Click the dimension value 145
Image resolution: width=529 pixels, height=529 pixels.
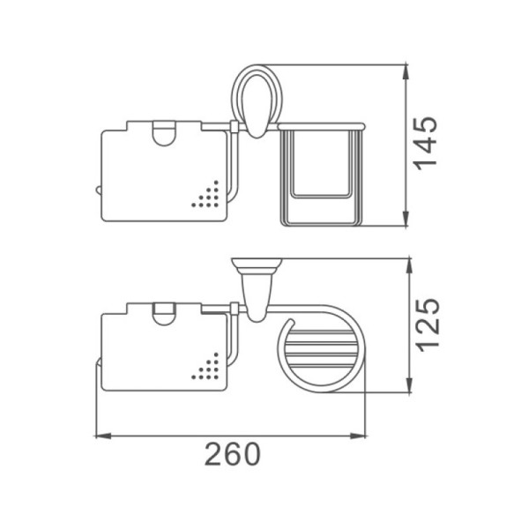425,144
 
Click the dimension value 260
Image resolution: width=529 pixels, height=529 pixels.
233,454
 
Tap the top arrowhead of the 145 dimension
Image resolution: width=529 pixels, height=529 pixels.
406,71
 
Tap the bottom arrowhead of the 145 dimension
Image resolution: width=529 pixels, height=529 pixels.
406,219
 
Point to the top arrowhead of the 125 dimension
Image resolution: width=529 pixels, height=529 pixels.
409,266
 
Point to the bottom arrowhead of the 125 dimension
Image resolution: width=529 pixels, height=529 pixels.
409,385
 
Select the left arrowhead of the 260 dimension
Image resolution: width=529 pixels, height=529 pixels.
103,436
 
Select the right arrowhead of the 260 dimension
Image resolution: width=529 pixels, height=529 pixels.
358,436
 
